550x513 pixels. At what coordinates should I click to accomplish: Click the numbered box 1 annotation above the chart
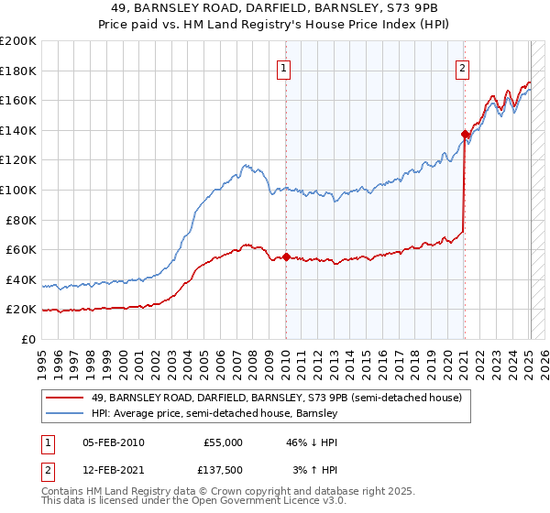click(284, 67)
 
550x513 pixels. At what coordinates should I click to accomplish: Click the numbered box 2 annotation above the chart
click(463, 67)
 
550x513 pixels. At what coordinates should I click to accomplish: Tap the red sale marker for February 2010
click(286, 257)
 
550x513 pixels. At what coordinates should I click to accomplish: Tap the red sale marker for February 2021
click(465, 135)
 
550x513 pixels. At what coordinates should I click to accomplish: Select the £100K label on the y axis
click(18, 191)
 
